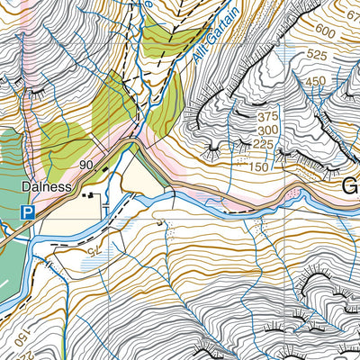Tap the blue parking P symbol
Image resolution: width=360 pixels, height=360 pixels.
point(28,212)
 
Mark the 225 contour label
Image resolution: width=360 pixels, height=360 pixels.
point(264,143)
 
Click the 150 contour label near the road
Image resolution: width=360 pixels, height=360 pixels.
point(261,167)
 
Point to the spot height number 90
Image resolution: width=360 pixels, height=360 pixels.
point(86,165)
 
